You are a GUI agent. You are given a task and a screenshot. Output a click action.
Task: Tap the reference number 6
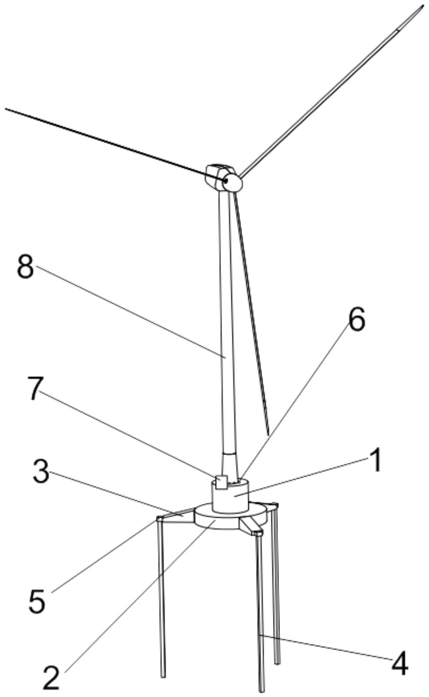coord(357,319)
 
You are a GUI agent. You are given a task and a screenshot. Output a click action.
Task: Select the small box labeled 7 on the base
coord(221,482)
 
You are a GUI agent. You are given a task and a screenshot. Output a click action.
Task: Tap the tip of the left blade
coord(5,109)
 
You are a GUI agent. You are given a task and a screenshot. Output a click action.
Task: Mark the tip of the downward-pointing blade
coord(268,435)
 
